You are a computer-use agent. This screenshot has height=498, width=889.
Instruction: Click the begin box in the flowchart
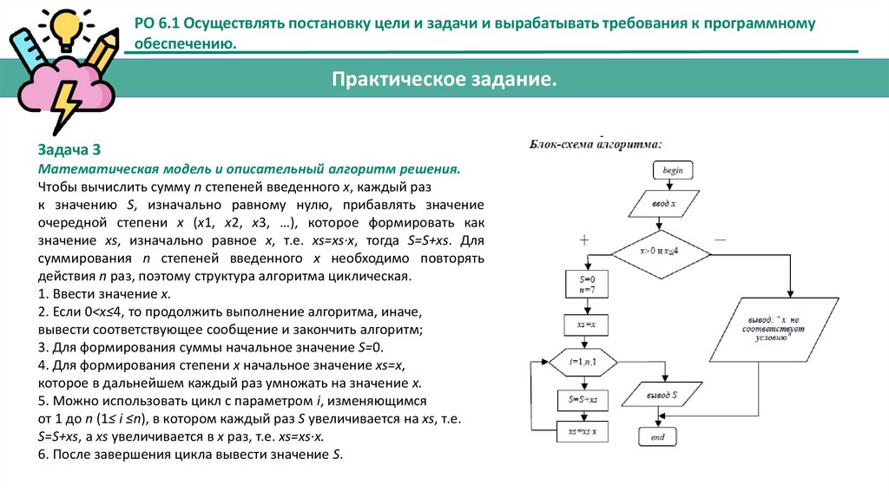click(672, 171)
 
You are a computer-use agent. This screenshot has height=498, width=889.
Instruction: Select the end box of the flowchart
click(657, 437)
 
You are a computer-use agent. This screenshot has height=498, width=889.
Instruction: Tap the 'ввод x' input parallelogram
click(664, 206)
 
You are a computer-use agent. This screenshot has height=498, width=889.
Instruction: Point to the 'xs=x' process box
click(581, 324)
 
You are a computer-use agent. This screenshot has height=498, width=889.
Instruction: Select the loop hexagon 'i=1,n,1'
click(581, 361)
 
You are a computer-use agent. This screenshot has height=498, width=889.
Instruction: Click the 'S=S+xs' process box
click(581, 399)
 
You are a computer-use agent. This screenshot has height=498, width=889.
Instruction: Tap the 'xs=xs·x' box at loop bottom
click(581, 431)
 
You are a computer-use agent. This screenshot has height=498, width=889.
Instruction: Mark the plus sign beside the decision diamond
click(583, 239)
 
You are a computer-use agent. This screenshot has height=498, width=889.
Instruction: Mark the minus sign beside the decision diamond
click(720, 237)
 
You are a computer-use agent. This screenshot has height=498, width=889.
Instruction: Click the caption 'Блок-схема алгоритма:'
click(596, 145)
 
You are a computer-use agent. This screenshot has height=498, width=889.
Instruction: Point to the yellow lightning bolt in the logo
click(66, 104)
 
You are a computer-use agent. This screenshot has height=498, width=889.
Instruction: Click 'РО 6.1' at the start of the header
click(159, 23)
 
